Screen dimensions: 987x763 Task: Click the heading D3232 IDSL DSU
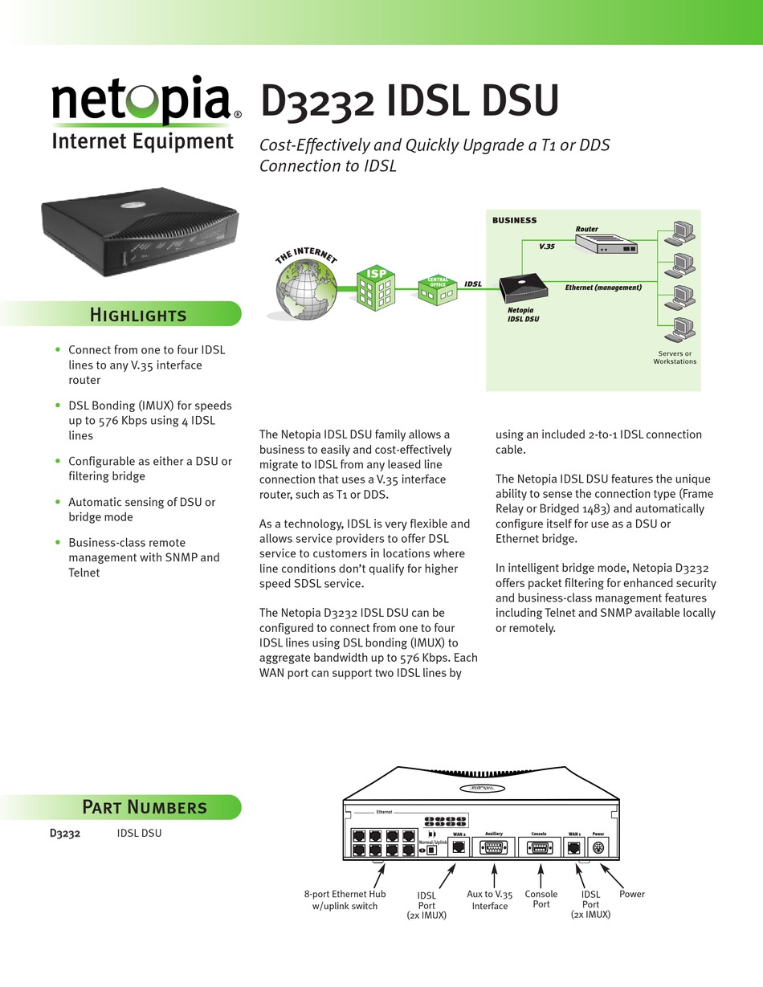click(409, 104)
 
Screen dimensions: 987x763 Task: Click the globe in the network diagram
click(305, 289)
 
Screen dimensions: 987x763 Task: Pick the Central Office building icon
click(438, 289)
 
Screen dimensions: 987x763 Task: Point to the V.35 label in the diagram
click(547, 246)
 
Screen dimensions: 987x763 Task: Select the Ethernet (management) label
click(603, 287)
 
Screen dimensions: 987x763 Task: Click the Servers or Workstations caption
click(675, 357)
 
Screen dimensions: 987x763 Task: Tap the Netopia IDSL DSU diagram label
click(523, 314)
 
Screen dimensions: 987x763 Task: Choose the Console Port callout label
click(541, 899)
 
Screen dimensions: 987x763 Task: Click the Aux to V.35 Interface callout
click(489, 899)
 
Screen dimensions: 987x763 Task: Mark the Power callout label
click(632, 894)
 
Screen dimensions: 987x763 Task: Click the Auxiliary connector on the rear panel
click(493, 846)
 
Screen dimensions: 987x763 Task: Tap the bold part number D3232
click(65, 833)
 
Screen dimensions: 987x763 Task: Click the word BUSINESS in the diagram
click(514, 220)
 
